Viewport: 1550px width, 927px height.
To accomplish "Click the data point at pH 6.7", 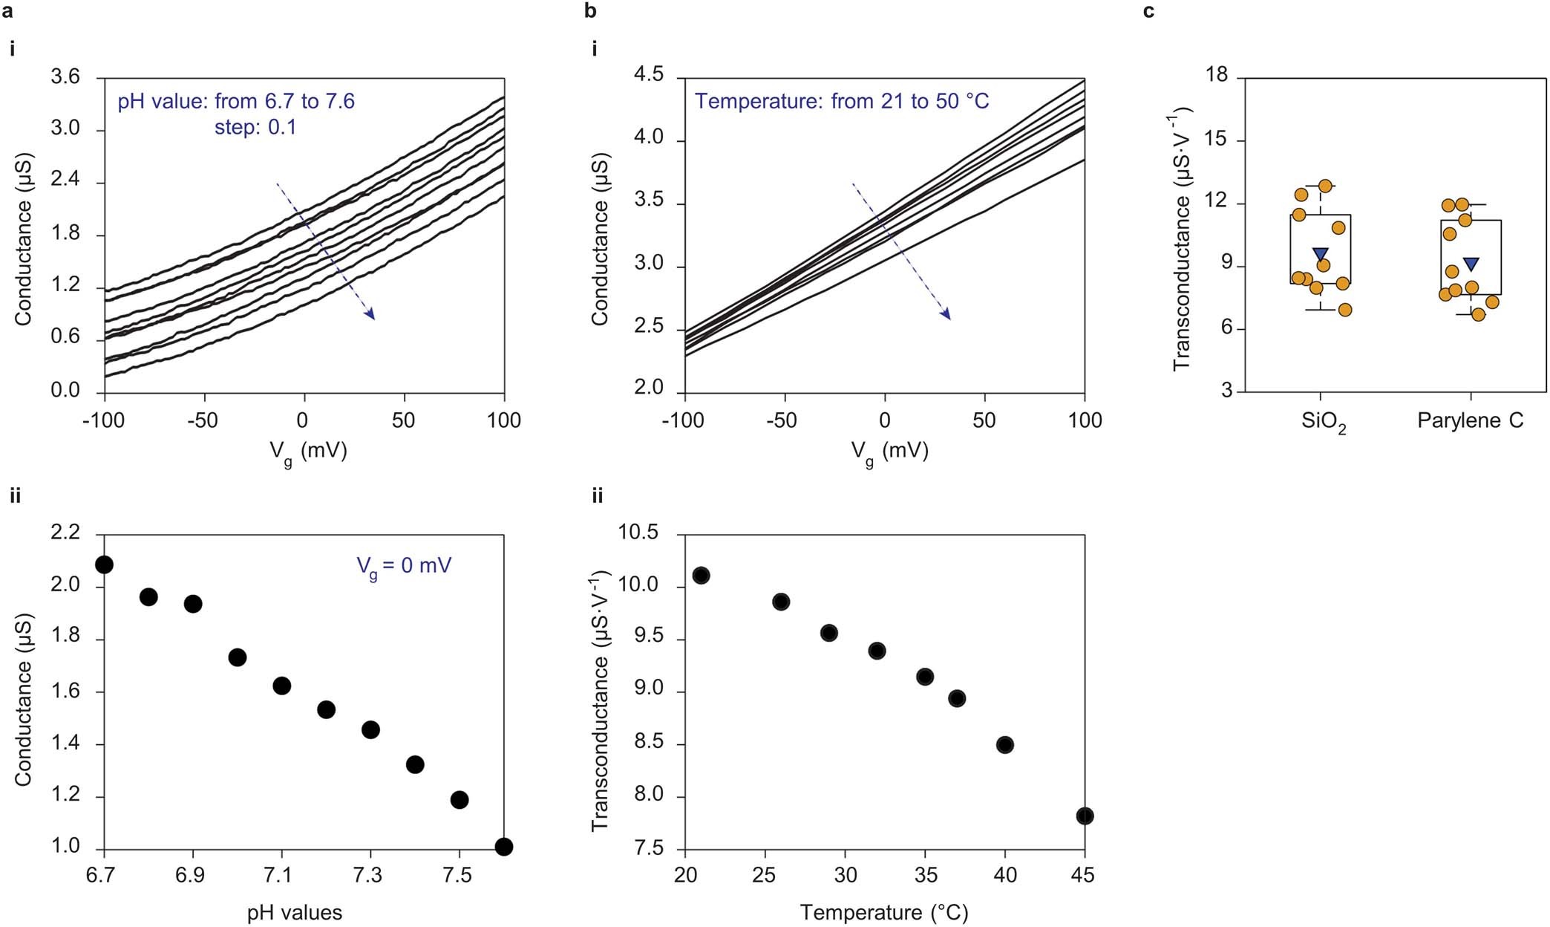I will [104, 565].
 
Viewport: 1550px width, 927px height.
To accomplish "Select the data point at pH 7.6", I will [504, 847].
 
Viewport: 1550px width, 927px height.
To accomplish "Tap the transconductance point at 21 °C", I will [701, 576].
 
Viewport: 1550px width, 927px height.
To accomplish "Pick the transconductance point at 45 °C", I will [1085, 816].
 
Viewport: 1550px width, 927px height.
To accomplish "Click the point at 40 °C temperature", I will [1005, 745].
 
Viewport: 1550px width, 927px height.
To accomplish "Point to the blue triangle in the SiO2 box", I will [1320, 255].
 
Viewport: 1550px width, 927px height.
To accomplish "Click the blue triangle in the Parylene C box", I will [1471, 264].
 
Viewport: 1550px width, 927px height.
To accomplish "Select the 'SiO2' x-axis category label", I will [1323, 422].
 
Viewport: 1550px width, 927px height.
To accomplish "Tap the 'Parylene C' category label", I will [1470, 420].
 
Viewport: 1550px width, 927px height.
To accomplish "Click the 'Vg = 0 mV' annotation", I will [404, 567].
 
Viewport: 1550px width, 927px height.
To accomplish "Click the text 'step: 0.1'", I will [255, 127].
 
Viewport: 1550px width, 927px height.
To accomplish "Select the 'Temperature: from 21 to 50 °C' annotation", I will [842, 101].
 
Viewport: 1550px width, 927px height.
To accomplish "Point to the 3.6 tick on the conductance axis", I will [65, 77].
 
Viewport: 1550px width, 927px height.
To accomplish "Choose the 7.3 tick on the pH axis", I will [368, 875].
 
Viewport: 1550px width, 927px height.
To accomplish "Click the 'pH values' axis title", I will [295, 912].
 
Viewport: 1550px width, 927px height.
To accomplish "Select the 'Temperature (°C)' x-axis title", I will [884, 912].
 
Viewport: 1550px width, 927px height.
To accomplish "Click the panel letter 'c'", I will [1148, 10].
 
